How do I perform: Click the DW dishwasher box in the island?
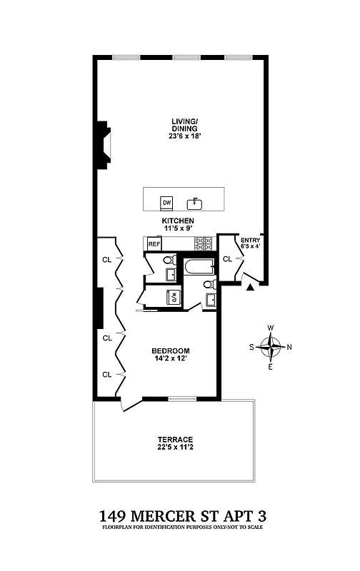[166, 202]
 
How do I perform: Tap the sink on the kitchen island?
[194, 203]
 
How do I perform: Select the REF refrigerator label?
[154, 244]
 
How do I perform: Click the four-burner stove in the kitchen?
[205, 243]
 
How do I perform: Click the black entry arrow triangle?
[249, 288]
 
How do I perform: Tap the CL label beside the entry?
[227, 259]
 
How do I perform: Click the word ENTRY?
[251, 241]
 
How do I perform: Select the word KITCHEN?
[178, 221]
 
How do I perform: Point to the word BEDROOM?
[170, 350]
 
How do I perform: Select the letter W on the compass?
[270, 328]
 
